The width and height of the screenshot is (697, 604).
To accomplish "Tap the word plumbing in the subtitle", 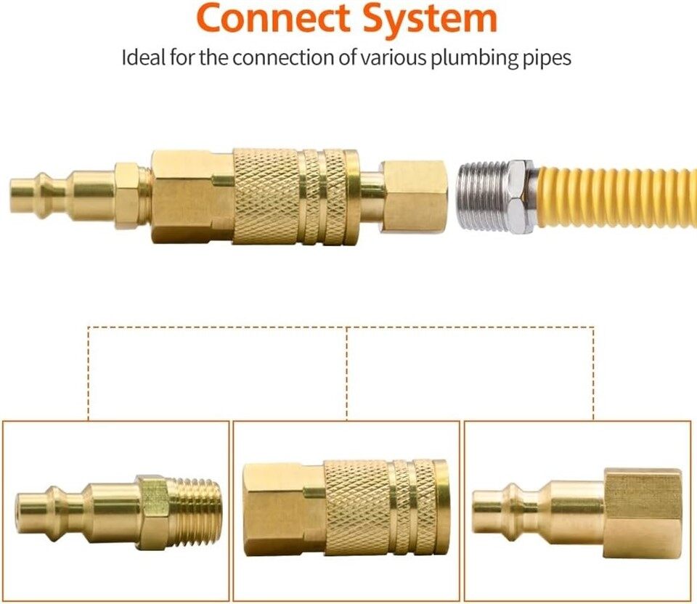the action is click(x=475, y=59).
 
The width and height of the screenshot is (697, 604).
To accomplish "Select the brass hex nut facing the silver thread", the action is click(x=413, y=196).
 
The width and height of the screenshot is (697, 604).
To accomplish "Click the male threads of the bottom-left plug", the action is click(x=197, y=512).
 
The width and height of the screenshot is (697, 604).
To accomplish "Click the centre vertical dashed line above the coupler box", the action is click(x=347, y=374).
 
